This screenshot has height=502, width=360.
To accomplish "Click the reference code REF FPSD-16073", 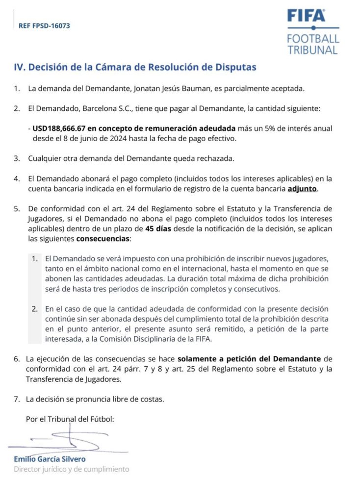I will pyautogui.click(x=44, y=25).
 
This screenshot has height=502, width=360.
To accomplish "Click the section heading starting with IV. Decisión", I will pyautogui.click(x=135, y=68).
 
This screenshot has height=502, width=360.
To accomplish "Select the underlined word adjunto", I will pyautogui.click(x=302, y=189).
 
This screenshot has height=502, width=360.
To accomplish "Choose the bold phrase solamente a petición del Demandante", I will pyautogui.click(x=249, y=359).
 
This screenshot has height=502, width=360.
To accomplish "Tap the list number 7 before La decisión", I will pyautogui.click(x=16, y=399).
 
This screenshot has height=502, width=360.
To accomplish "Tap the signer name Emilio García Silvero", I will pyautogui.click(x=50, y=459).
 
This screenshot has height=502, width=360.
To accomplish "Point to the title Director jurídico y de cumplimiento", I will pyautogui.click(x=72, y=469).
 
